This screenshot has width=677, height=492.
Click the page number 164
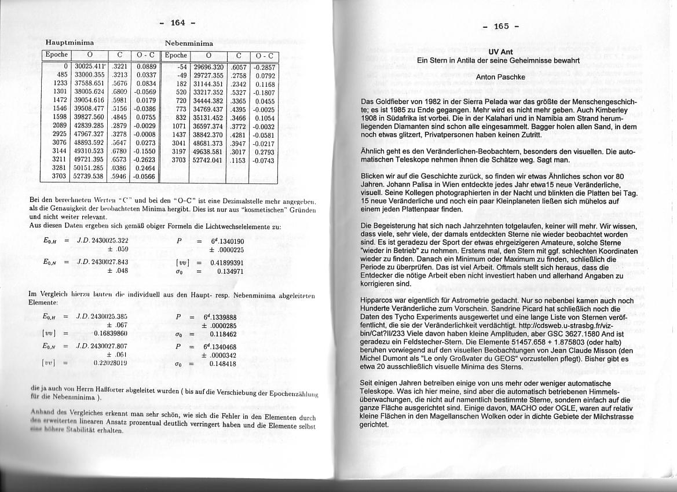(177, 23)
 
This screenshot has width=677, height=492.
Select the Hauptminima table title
(70, 43)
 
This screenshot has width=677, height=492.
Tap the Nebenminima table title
(189, 43)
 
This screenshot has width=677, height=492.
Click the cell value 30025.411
(89, 67)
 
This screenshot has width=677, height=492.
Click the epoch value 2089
(60, 124)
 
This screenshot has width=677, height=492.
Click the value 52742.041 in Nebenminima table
(208, 160)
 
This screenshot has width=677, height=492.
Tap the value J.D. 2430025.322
(103, 241)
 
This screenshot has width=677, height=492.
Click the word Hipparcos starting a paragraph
(378, 300)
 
